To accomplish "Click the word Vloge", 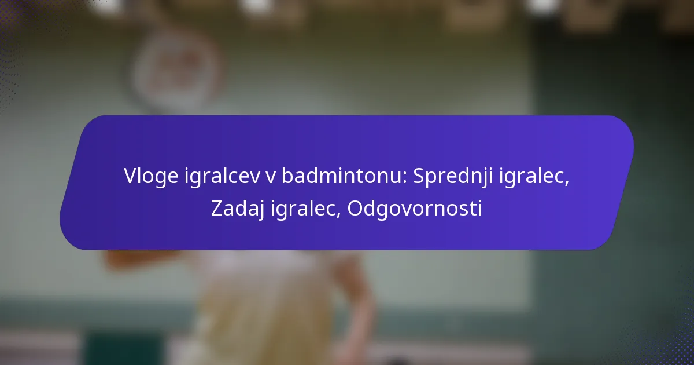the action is [x=151, y=176].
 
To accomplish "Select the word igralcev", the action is [x=222, y=176].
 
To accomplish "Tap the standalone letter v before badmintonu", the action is [x=271, y=177].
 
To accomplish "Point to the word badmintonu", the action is [x=342, y=176].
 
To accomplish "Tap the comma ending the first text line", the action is [x=567, y=183].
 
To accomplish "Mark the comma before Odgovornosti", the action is [x=339, y=216].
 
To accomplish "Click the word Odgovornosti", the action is [x=415, y=209].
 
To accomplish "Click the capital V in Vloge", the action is [x=131, y=176].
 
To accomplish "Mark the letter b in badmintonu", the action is [x=287, y=176].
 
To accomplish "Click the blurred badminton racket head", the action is [x=176, y=71].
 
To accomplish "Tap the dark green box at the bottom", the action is [x=124, y=349].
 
